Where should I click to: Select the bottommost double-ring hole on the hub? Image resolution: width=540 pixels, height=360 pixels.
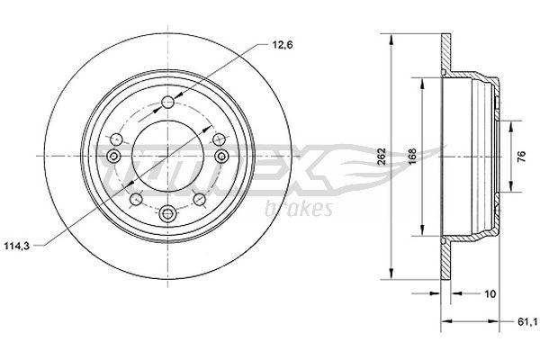click(x=168, y=213)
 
